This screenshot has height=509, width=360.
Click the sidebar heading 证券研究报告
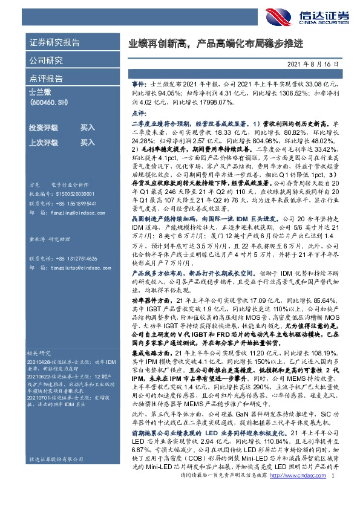54,43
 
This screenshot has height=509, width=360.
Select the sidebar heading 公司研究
45,60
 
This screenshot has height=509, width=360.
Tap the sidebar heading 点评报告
45,79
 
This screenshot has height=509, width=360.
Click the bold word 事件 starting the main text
138,87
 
